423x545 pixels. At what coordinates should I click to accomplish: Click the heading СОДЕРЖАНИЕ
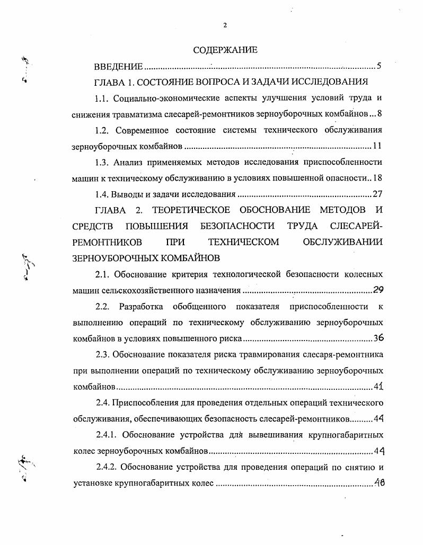point(225,50)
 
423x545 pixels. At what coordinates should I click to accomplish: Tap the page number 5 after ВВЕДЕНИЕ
point(379,66)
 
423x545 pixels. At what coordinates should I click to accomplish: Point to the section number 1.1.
point(102,98)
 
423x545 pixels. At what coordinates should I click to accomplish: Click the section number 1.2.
point(102,130)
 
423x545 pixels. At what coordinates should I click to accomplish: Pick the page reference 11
point(377,146)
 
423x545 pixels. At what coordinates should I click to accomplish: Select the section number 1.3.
point(102,162)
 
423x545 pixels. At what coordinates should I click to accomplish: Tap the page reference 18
point(377,178)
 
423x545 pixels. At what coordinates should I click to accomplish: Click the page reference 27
point(377,194)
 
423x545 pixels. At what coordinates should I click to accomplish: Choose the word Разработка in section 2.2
point(141,306)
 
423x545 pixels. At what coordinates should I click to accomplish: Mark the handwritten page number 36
point(378,337)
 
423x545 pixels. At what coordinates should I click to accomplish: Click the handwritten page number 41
point(378,386)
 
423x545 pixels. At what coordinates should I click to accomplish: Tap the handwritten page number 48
point(378,483)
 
